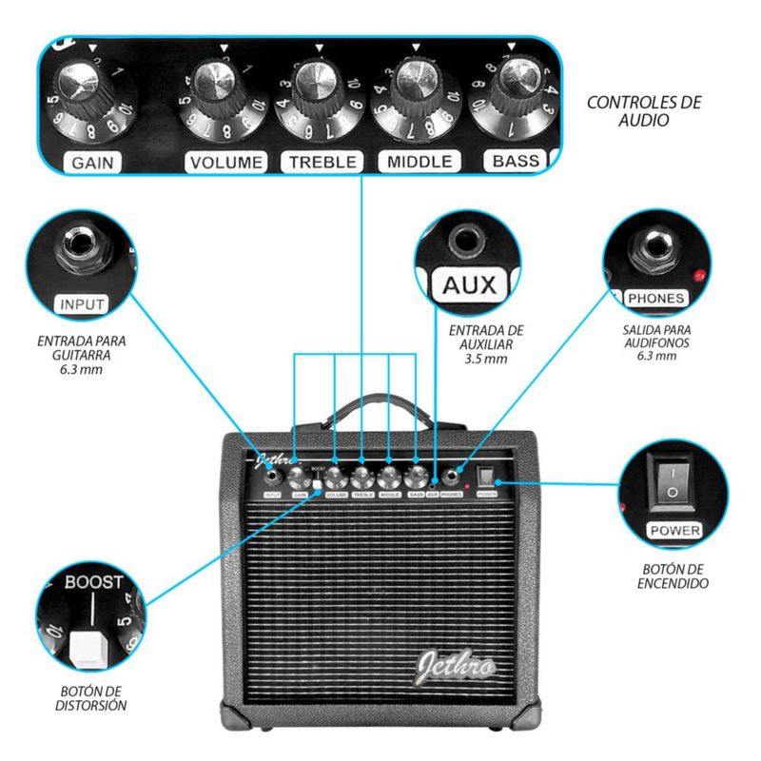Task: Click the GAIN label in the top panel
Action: [92, 163]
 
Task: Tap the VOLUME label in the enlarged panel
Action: [225, 163]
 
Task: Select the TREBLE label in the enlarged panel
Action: [322, 162]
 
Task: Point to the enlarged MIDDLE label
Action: [420, 162]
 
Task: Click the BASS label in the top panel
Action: [516, 161]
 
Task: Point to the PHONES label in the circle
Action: [655, 298]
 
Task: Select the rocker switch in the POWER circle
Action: [673, 481]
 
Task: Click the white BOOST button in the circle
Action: [91, 651]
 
